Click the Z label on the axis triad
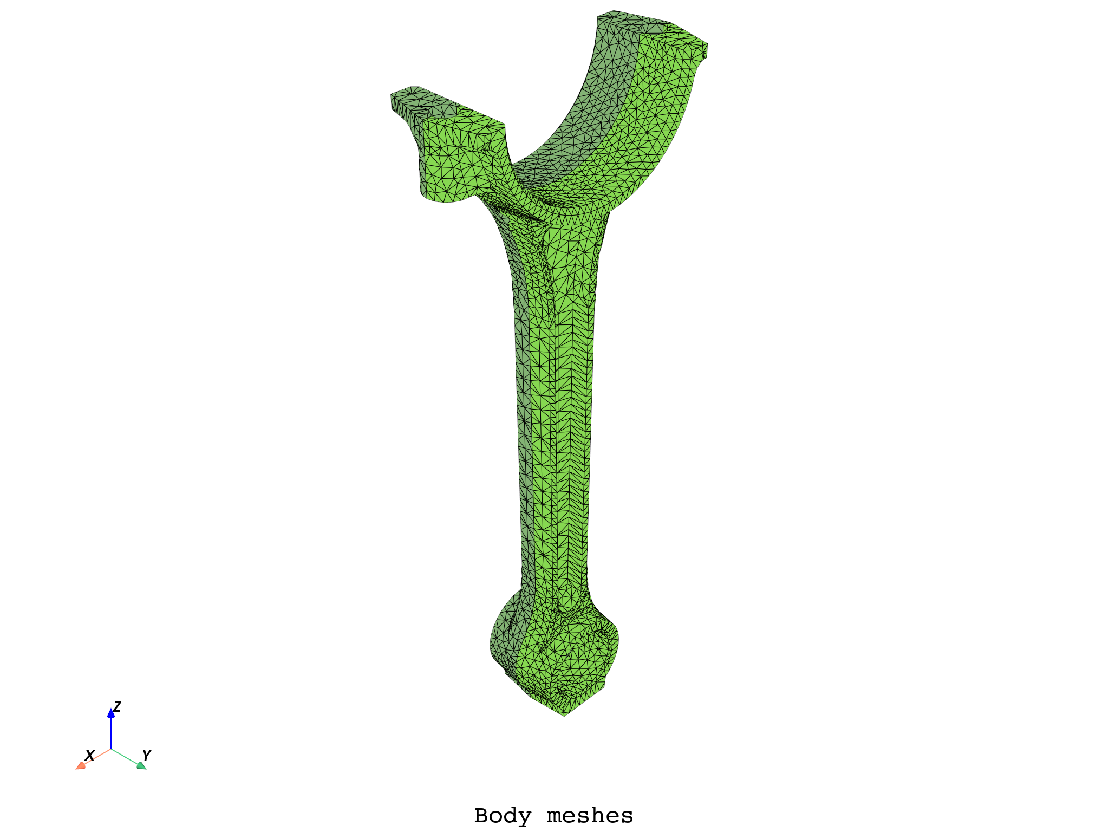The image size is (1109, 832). click(x=117, y=706)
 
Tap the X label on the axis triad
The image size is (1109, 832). click(x=90, y=755)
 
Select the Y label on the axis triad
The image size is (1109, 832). click(x=147, y=755)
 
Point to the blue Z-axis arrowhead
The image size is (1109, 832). click(x=111, y=713)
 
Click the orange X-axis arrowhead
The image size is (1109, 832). click(x=80, y=765)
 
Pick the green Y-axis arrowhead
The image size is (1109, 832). click(x=141, y=765)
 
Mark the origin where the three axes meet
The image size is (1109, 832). click(x=111, y=749)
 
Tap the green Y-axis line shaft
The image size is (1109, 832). click(x=125, y=756)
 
